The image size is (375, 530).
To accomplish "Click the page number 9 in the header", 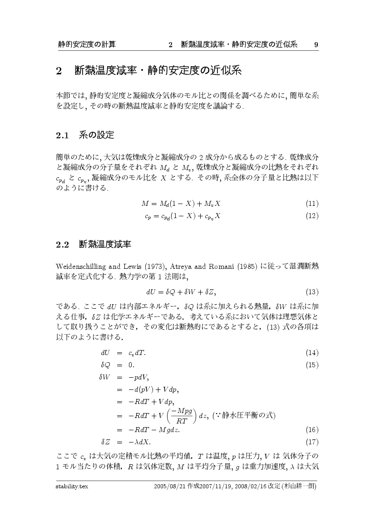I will [x=316, y=44].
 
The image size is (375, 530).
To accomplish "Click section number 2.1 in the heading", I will [x=62, y=135].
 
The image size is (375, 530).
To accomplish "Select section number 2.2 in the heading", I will [x=62, y=245].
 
